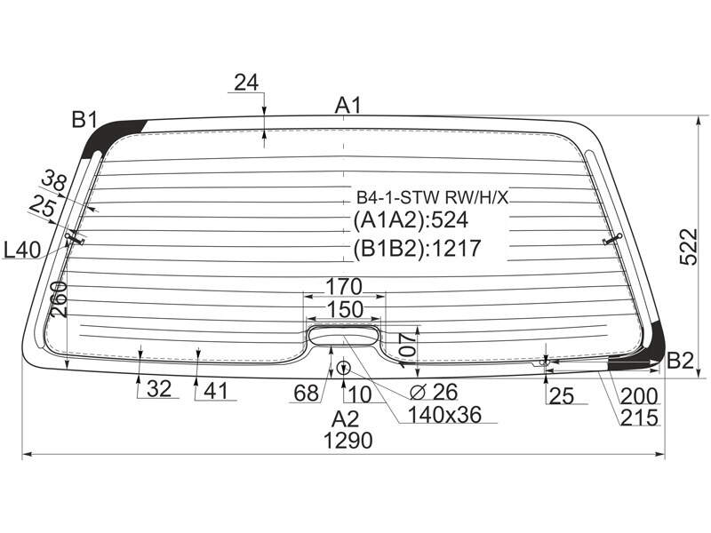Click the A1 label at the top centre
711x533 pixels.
tap(348, 105)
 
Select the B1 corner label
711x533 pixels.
tap(84, 120)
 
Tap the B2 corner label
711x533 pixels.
tap(681, 361)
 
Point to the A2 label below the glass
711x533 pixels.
tap(345, 419)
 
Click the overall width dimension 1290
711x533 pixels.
tap(348, 441)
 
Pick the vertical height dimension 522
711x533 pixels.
tap(689, 247)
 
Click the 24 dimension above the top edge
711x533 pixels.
tap(246, 83)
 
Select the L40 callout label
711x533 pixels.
tap(21, 250)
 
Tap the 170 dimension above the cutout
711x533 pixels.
tap(344, 286)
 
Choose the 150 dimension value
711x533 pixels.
tap(345, 309)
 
